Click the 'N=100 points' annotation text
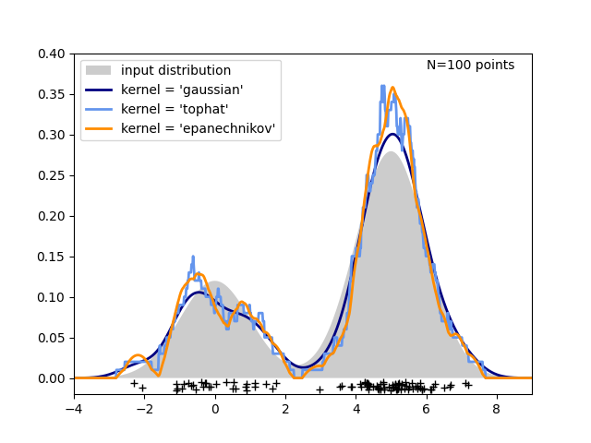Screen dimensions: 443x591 click(x=470, y=66)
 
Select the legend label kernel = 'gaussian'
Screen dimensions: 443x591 click(x=182, y=90)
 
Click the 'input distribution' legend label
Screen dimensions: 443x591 click(x=175, y=71)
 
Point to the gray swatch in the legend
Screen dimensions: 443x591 click(x=98, y=71)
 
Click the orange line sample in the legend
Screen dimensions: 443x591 click(x=98, y=129)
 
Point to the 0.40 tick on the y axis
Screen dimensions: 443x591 click(x=51, y=54)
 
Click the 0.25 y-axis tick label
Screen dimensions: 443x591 click(x=51, y=175)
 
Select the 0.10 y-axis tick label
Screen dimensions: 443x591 click(x=51, y=297)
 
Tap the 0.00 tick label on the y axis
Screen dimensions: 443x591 click(x=51, y=378)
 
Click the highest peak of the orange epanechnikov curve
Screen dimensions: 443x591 click(x=392, y=88)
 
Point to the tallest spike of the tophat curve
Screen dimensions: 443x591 click(x=382, y=86)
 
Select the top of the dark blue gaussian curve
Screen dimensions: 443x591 click(x=392, y=134)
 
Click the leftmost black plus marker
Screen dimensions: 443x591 click(x=134, y=383)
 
